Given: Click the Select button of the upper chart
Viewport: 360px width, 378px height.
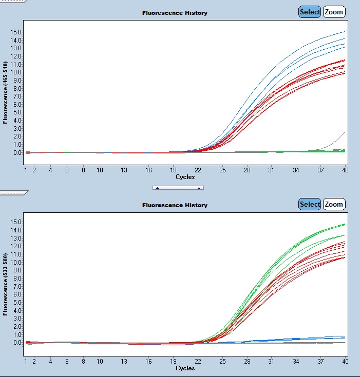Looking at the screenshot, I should [x=310, y=12].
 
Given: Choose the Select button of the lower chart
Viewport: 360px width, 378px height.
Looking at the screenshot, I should [x=310, y=204].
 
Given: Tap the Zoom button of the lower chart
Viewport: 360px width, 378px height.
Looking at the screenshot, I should [x=334, y=204].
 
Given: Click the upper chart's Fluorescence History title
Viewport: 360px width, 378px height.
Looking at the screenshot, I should [x=175, y=13].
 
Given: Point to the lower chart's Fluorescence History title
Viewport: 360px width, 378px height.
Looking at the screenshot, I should [x=175, y=205].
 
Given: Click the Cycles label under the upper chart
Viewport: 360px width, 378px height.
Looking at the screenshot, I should [x=185, y=177].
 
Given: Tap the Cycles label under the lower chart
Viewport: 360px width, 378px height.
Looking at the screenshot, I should [x=185, y=368].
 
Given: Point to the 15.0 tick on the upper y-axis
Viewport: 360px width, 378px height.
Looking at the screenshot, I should [x=16, y=32].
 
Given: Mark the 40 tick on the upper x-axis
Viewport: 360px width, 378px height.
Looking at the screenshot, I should [x=345, y=170].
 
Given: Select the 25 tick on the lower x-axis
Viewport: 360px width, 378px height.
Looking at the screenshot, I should [x=222, y=361].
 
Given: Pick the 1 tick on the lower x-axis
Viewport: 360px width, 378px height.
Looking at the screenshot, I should [x=26, y=361].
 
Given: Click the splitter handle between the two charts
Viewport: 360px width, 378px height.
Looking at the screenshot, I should [x=178, y=188].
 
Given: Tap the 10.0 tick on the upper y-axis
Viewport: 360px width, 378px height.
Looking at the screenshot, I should [x=16, y=72].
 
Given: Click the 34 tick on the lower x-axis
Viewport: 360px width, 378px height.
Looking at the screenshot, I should [x=296, y=361].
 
